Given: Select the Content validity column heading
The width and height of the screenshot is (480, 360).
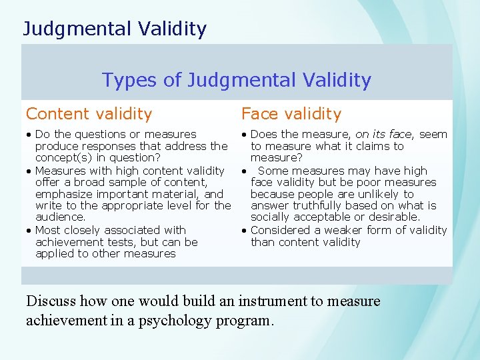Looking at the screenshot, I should (x=89, y=115).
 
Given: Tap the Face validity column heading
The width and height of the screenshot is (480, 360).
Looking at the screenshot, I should (x=291, y=115).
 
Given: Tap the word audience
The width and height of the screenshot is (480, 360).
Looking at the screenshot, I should (x=59, y=217).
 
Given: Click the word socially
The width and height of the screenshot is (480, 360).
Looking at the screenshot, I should (x=270, y=217).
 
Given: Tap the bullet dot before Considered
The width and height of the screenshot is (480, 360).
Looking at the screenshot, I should (x=245, y=231).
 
